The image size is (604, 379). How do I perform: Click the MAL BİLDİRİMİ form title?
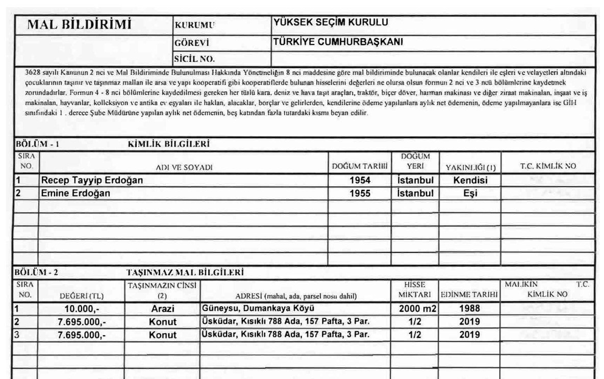coord(79,24)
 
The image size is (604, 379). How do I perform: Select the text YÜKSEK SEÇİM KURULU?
coord(331,22)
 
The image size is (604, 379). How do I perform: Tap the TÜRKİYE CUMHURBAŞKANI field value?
coord(339,42)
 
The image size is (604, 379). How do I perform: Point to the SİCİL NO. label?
coord(195,59)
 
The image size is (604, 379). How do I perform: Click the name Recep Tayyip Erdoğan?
coord(92,181)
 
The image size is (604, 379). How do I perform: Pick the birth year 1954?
coord(360,181)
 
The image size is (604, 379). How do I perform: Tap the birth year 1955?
coord(360,193)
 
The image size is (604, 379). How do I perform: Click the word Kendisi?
coord(470,181)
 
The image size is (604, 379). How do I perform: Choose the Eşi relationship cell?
coord(470,193)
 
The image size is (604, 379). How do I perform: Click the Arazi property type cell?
coord(163,309)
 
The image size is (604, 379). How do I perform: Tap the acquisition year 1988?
coord(469,309)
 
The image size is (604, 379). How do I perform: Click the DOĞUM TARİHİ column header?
coord(360,167)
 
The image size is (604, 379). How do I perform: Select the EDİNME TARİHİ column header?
coord(469,295)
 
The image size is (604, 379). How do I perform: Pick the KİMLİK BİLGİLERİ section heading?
coord(168,144)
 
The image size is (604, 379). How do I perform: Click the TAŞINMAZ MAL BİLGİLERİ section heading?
coord(185,272)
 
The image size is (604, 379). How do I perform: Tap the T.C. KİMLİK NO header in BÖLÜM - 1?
coord(548,166)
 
